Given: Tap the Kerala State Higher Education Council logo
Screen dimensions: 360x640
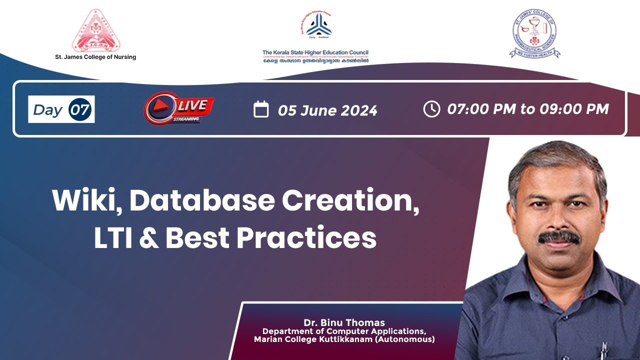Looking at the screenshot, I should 318,26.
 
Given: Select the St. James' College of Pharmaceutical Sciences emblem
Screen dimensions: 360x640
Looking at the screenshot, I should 534,33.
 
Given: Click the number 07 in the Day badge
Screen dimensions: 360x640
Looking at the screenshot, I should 80,109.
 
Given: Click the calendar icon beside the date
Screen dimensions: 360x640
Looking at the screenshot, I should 261,109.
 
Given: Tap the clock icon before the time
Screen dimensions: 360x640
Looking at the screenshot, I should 431,109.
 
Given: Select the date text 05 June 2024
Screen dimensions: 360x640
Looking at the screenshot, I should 327,110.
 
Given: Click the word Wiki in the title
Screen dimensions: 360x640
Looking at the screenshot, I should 86,201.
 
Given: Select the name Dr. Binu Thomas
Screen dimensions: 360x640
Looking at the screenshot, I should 344,322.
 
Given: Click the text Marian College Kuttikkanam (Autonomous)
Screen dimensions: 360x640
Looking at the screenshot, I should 344,339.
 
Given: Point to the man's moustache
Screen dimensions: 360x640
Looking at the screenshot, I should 559,237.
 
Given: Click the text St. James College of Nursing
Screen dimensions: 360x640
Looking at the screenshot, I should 95,57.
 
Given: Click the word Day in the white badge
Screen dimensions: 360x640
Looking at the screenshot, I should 47,110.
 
